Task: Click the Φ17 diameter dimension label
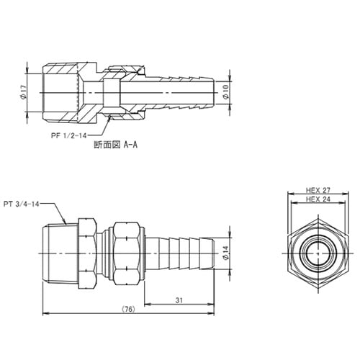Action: coord(24,93)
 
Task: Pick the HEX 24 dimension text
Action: coord(317,199)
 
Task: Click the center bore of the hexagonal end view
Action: coord(316,252)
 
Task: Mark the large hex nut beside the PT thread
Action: coord(86,251)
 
